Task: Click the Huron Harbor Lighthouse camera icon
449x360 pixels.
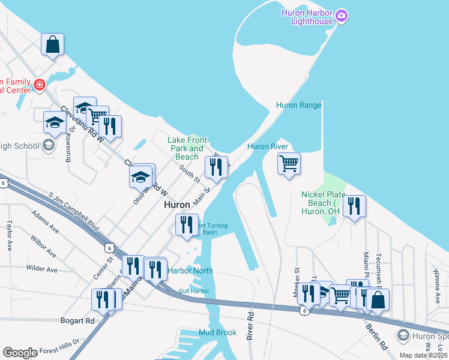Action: pos(342,15)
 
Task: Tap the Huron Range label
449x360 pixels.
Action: pos(298,105)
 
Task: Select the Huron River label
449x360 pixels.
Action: pos(268,146)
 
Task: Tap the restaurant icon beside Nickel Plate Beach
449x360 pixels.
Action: pos(354,206)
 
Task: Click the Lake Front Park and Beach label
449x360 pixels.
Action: pos(187,148)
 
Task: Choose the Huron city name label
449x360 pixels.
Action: pos(177,205)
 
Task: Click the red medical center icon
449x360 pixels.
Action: pos(40,85)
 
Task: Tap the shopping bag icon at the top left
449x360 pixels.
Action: pos(53,44)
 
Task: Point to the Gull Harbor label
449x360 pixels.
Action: pos(193,292)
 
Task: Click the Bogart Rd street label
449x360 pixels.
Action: pos(77,320)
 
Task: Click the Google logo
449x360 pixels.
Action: pos(19,352)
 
